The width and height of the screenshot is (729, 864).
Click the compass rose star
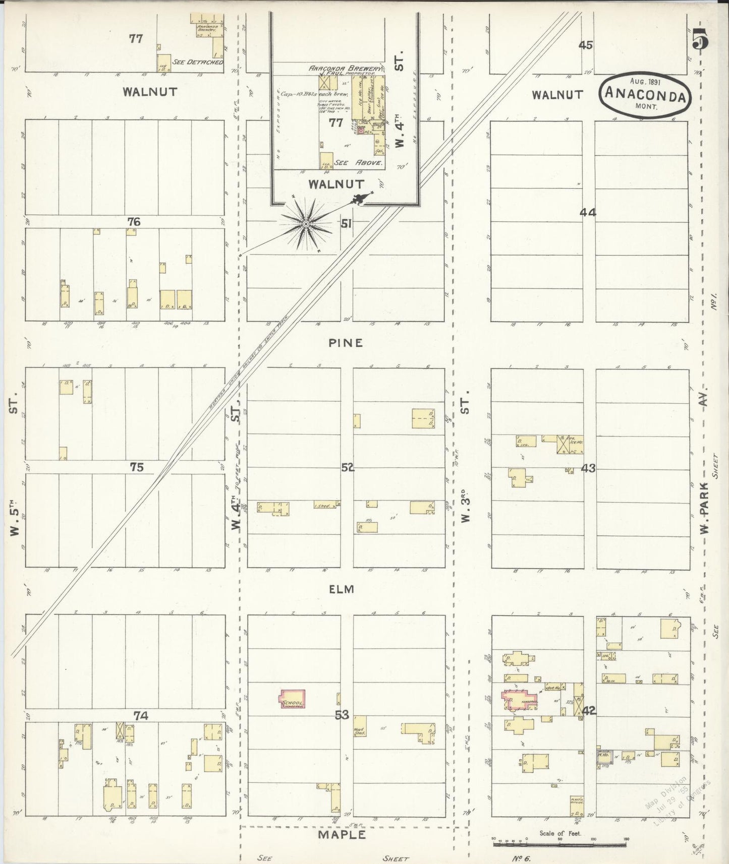pyautogui.click(x=306, y=223)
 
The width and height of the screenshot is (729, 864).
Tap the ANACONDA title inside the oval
pyautogui.click(x=645, y=94)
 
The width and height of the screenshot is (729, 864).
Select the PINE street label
pyautogui.click(x=346, y=343)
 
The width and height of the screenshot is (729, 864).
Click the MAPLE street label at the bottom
pyautogui.click(x=342, y=835)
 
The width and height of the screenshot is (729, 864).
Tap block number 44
pyautogui.click(x=588, y=213)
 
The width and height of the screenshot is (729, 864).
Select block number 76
pyautogui.click(x=134, y=222)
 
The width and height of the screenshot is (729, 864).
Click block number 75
pyautogui.click(x=136, y=467)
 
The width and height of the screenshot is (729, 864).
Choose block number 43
pyautogui.click(x=588, y=468)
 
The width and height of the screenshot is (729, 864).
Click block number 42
pyautogui.click(x=589, y=711)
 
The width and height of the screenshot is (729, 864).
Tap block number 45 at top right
pyautogui.click(x=585, y=45)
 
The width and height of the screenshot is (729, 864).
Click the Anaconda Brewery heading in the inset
pyautogui.click(x=345, y=69)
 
